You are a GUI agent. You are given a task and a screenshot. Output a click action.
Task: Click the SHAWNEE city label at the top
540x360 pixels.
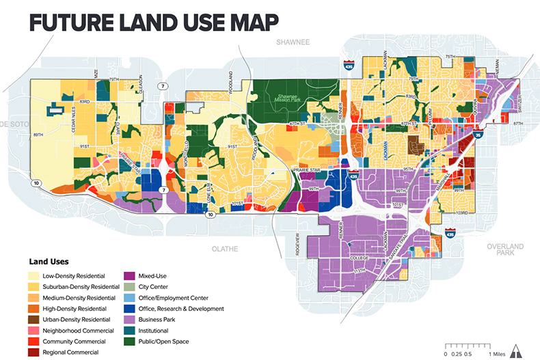coord(293,42)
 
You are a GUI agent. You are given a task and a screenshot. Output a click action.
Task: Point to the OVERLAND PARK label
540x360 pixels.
coord(504,249)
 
